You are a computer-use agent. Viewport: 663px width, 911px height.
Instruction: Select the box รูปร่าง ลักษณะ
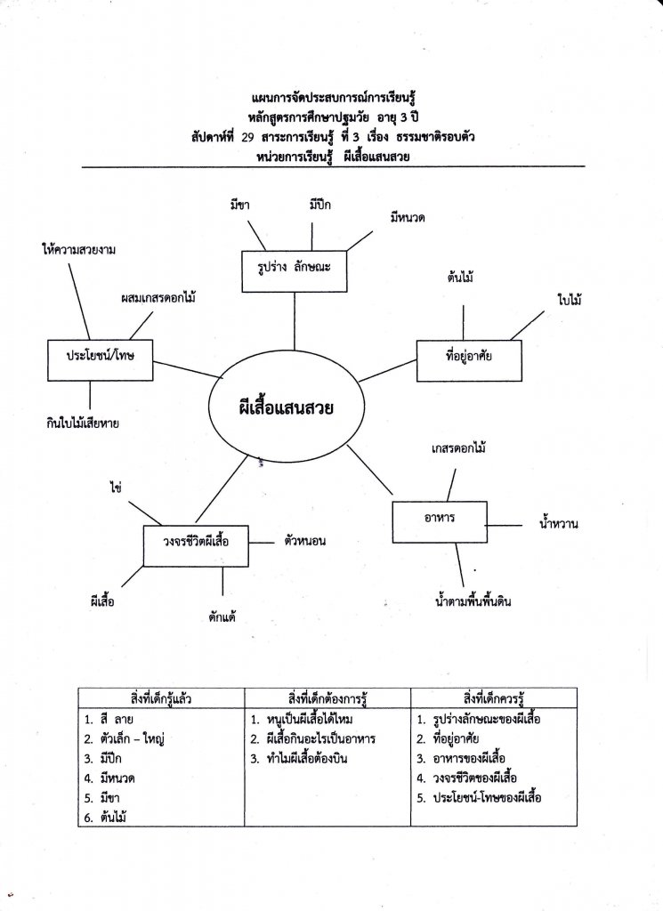coord(294,270)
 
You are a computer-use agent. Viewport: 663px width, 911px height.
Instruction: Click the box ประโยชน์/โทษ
coord(98,354)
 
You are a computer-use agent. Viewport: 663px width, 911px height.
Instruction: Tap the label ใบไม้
coord(570,302)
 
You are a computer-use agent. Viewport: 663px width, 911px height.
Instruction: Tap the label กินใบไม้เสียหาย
coord(85,423)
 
